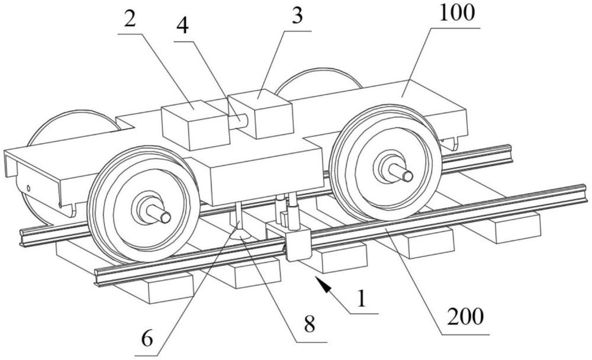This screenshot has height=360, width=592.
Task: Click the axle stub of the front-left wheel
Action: point(160,215)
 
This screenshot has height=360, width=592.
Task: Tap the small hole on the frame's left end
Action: point(28,189)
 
